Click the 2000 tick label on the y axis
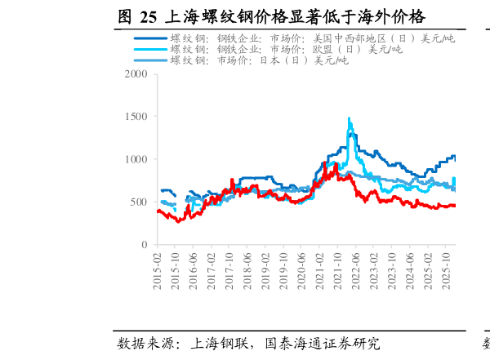click(x=136, y=74)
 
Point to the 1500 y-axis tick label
click(x=136, y=117)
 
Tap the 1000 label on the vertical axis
click(x=136, y=159)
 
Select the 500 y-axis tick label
click(x=139, y=202)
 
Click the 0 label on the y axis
click(x=144, y=245)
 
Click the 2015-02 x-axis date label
click(x=158, y=266)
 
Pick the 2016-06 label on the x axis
click(x=194, y=266)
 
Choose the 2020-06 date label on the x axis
click(x=301, y=266)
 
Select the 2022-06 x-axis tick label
click(x=355, y=266)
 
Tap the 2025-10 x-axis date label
click(x=445, y=266)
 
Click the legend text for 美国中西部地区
click(x=313, y=38)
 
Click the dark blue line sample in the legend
click(x=149, y=38)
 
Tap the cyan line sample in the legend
click(x=149, y=50)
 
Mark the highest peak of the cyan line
click(x=350, y=118)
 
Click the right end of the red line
click(x=455, y=206)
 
